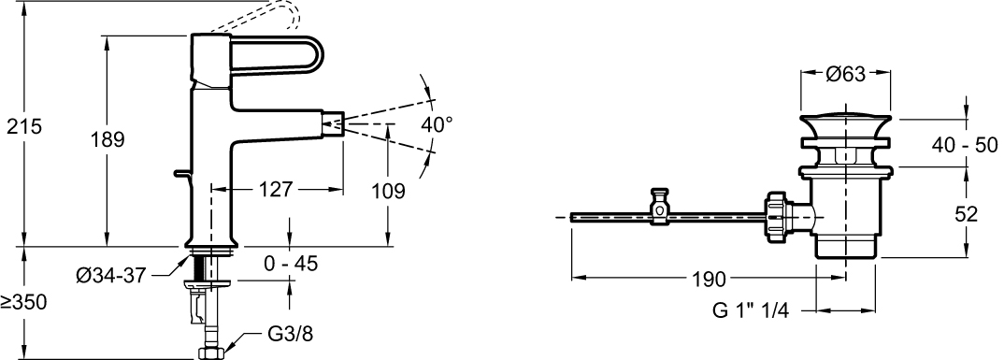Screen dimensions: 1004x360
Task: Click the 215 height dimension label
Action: [24, 127]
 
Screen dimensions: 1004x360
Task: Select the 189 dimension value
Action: [107, 139]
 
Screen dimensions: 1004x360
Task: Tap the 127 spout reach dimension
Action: [277, 189]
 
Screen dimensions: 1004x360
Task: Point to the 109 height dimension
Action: [388, 190]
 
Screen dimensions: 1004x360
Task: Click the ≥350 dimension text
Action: [24, 302]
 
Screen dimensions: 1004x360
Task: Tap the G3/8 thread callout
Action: [290, 334]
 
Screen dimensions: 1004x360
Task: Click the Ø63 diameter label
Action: [845, 74]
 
